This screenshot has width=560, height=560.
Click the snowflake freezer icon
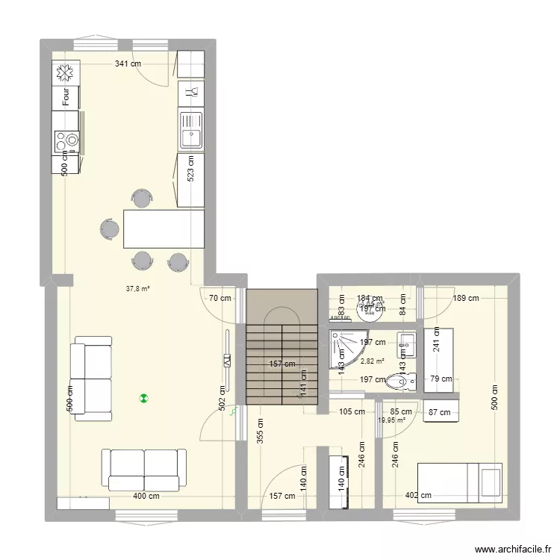tap(65, 72)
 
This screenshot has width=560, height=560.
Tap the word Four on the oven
tap(66, 96)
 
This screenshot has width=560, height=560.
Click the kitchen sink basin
tap(190, 137)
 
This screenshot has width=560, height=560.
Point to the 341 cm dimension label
tap(128, 64)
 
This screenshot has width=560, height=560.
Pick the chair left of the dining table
tap(110, 229)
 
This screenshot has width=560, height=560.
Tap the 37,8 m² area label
tap(138, 287)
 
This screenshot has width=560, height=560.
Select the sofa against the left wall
tap(92, 378)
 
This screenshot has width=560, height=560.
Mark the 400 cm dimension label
tap(146, 496)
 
